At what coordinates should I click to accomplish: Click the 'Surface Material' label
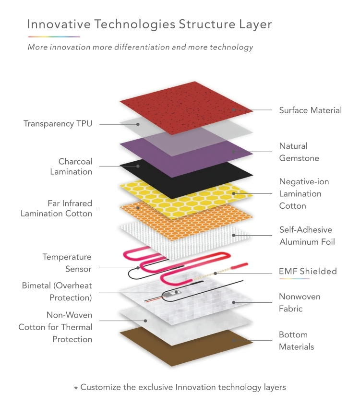point(310,110)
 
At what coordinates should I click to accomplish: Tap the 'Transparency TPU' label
point(58,124)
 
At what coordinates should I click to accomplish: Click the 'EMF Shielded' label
point(308,272)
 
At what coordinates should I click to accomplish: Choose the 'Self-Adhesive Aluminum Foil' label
point(307,236)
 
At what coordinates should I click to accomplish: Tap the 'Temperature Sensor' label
point(67,263)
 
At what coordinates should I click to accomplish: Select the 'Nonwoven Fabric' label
point(300,303)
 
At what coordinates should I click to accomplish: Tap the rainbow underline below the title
point(54,36)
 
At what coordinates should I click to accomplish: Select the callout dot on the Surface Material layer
point(234,110)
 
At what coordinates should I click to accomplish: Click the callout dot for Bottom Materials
point(234,340)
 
